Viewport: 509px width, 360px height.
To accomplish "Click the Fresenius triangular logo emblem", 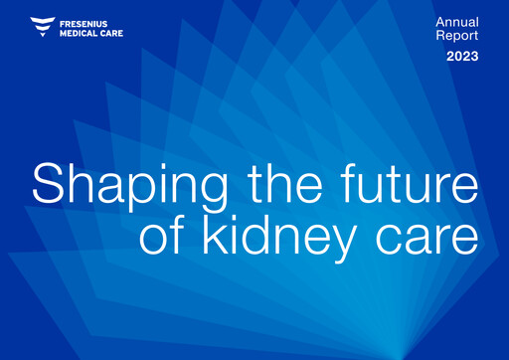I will [43, 26].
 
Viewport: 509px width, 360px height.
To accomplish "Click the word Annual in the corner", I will [457, 22].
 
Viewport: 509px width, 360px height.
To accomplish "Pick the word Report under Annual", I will [457, 37].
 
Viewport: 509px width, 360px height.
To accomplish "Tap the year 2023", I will [461, 57].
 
